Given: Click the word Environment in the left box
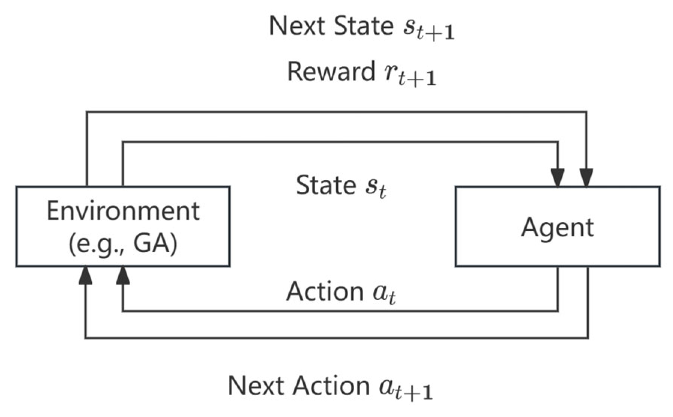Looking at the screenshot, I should point(123,211).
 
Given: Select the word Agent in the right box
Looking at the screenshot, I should point(557,227).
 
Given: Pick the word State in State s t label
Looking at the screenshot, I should point(325,185).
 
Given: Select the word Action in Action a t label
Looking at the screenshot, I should point(325,291).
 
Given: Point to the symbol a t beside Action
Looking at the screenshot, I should point(384,294).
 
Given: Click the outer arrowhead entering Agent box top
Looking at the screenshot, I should point(586,177).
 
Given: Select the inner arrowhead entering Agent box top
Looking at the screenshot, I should point(558,177).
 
